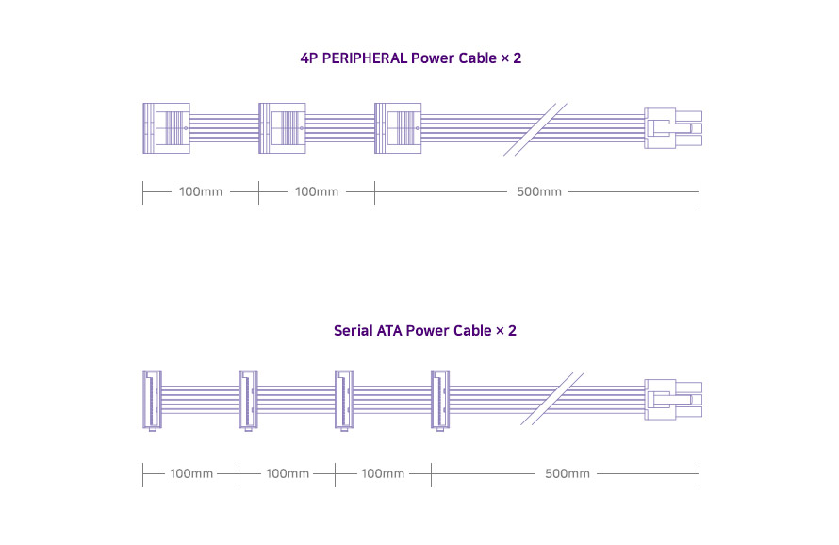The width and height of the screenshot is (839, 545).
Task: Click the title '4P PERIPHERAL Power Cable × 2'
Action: tap(410, 58)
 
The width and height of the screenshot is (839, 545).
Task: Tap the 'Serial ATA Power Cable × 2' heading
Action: tap(425, 331)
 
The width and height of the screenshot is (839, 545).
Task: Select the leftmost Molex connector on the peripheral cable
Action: tap(166, 127)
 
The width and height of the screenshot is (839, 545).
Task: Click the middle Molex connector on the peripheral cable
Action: tap(282, 127)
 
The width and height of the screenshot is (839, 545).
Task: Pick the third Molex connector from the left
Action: tap(398, 127)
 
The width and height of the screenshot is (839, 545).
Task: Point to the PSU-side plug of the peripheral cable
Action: tap(673, 127)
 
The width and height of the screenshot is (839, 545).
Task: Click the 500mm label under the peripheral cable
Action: tap(539, 192)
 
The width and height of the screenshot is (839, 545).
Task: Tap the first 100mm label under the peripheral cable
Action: tap(201, 192)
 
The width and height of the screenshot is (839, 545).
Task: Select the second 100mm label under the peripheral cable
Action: tap(317, 192)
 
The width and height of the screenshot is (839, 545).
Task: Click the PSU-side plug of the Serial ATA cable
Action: tap(673, 399)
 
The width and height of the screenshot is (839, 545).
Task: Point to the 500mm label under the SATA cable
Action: tap(568, 473)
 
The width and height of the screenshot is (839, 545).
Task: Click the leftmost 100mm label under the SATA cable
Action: tap(191, 473)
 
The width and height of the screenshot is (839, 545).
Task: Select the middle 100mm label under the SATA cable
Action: tap(288, 473)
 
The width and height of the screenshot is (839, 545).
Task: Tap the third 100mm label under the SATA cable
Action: tap(384, 473)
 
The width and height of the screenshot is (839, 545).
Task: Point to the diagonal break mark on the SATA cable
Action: tap(549, 399)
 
